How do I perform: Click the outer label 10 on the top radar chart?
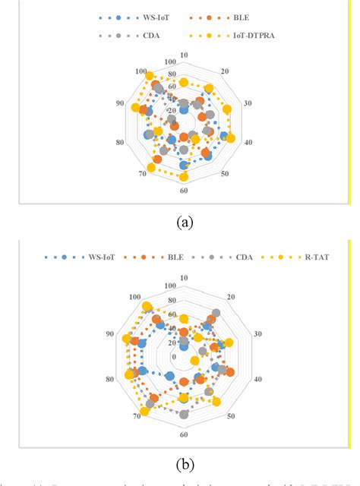tap(185, 55)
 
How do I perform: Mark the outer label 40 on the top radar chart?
tap(248, 143)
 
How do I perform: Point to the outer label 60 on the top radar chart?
tap(184, 194)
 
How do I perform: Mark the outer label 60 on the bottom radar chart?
tap(184, 434)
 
